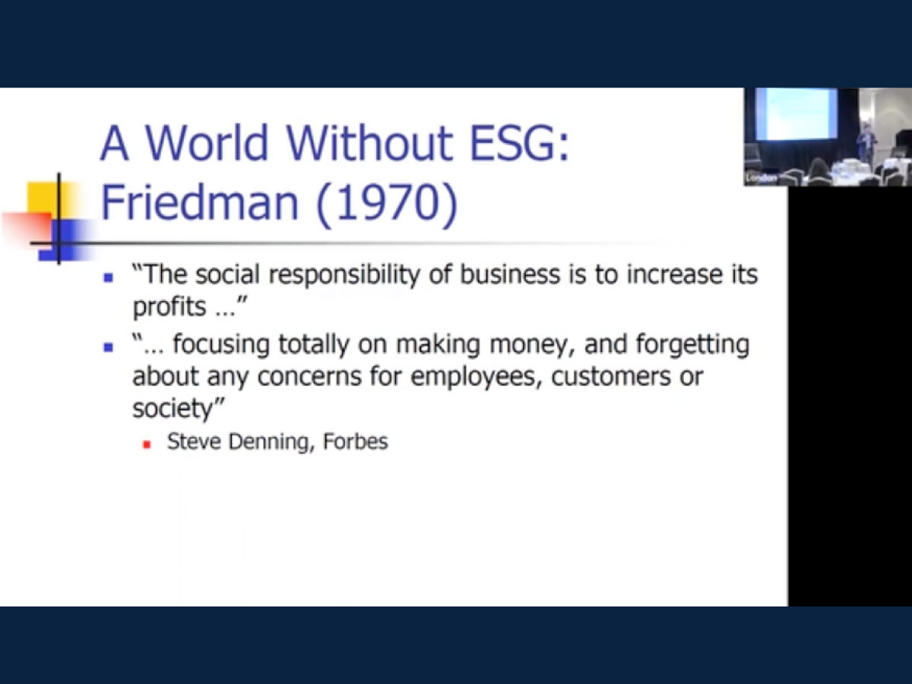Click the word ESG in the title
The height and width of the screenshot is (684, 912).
click(x=519, y=142)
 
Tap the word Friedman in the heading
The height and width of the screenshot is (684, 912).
click(x=199, y=202)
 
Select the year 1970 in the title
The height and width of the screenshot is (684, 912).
click(x=387, y=204)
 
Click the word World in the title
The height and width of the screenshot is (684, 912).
click(x=206, y=142)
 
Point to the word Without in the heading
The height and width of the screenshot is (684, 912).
click(x=369, y=142)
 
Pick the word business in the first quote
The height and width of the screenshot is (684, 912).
click(x=510, y=274)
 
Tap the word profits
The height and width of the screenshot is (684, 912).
click(x=169, y=307)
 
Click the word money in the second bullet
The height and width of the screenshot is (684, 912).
click(x=532, y=346)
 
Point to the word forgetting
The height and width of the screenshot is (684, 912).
click(x=692, y=346)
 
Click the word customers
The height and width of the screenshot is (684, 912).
click(x=611, y=377)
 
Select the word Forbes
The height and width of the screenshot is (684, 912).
click(x=355, y=442)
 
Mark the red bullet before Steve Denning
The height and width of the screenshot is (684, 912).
click(x=147, y=445)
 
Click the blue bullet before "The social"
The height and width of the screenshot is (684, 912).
click(x=109, y=278)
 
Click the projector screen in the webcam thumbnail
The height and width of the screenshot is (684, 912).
click(x=796, y=113)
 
